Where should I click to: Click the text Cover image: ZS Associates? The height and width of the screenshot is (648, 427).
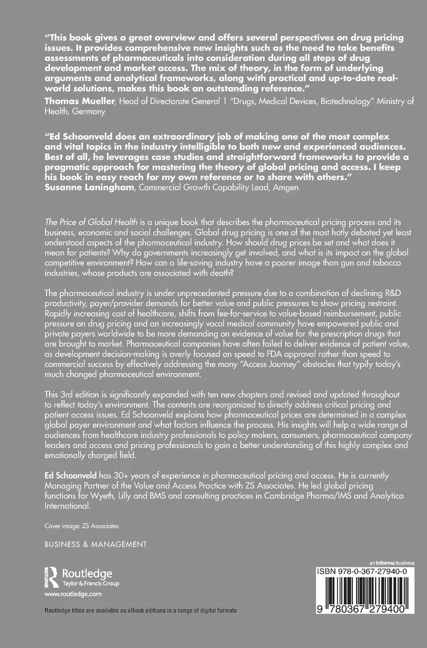tap(81, 526)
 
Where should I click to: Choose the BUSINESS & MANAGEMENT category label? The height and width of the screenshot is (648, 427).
tap(96, 544)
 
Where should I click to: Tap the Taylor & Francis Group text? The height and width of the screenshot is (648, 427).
tap(91, 584)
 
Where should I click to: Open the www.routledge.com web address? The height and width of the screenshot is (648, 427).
tap(73, 594)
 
